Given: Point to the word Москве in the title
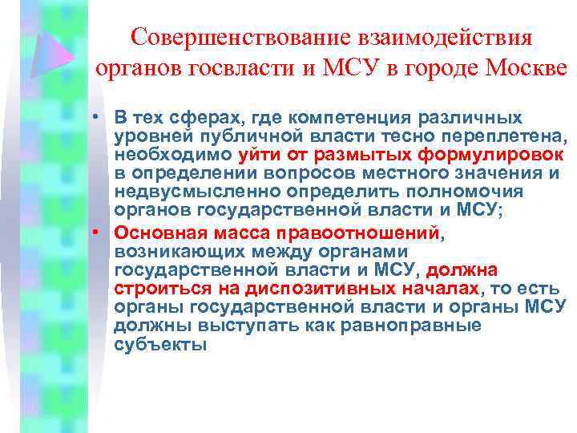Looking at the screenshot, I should pyautogui.click(x=525, y=71).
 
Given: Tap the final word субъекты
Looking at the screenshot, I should pyautogui.click(x=160, y=344).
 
